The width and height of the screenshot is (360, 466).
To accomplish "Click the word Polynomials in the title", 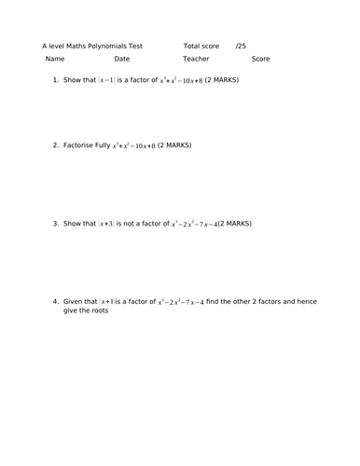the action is pos(112,45).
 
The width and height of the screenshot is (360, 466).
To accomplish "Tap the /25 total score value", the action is pos(241,45).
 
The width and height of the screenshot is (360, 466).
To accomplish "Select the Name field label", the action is pos(55,59).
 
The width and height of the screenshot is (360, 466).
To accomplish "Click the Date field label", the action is pos(122,59).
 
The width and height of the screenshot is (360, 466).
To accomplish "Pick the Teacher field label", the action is pos(196,59).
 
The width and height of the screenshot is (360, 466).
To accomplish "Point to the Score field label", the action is pos(260,59).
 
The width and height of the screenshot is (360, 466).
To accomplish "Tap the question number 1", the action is pos(55,80).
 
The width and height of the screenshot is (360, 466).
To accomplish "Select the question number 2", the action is pos(55,145).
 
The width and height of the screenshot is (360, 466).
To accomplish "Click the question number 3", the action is pos(55,224).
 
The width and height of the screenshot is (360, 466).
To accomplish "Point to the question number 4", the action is pos(55,302).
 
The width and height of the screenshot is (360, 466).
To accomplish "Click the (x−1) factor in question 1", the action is pos(106,80).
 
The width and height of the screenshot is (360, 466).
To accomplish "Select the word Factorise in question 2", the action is pos(78,145).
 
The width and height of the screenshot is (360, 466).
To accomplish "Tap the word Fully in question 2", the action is pos(103,145).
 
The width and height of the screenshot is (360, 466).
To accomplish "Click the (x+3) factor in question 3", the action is pos(106,224).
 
